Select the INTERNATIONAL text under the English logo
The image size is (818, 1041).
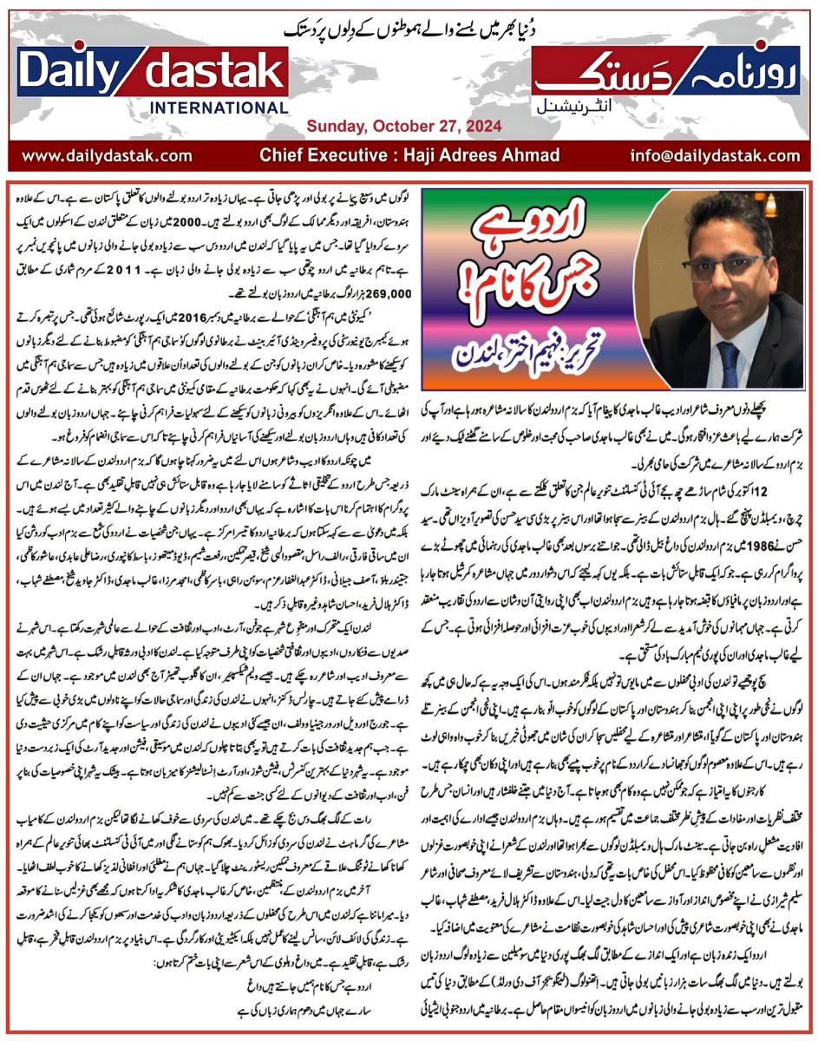(220, 108)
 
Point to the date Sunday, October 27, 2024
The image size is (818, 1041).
(403, 127)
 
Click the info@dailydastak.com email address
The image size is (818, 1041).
(716, 156)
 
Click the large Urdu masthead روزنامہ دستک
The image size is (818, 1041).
(668, 73)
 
